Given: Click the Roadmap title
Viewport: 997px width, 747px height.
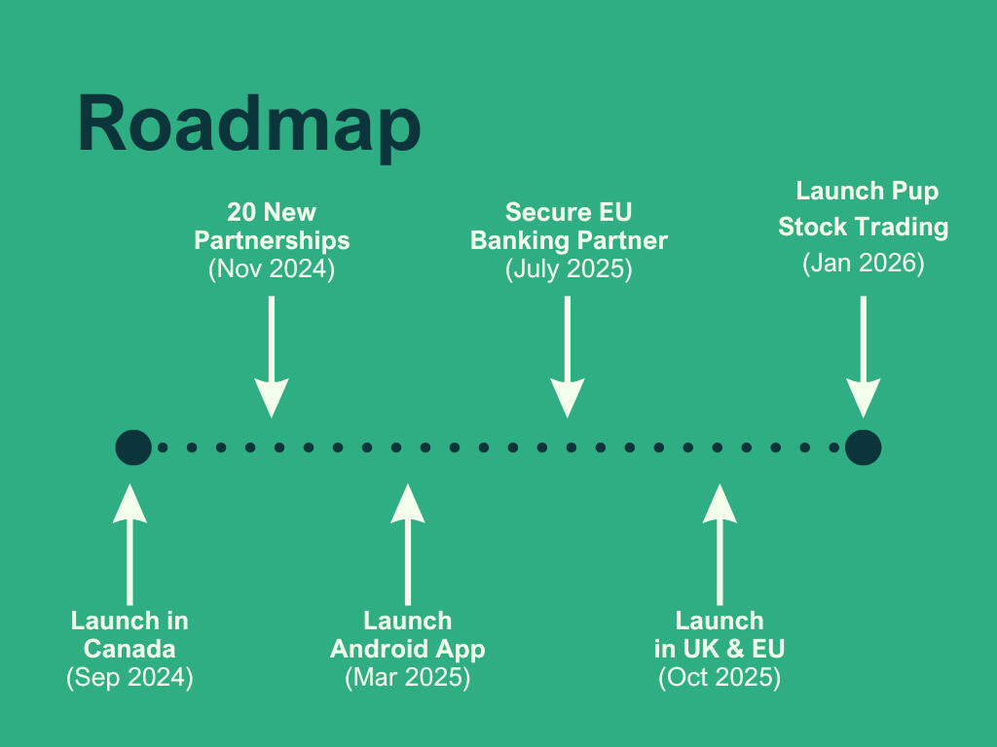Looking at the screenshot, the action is pyautogui.click(x=248, y=124).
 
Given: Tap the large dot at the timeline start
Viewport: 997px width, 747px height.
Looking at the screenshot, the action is pyautogui.click(x=133, y=447).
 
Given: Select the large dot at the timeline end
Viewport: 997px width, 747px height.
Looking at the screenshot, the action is pyautogui.click(x=863, y=447).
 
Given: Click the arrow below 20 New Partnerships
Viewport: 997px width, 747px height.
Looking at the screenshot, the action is pyautogui.click(x=272, y=356).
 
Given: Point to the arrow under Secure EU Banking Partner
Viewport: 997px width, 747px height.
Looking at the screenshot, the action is pyautogui.click(x=568, y=356).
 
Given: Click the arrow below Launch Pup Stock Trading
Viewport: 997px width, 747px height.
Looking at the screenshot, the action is pyautogui.click(x=863, y=356).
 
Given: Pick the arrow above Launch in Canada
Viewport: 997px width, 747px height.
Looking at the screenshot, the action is pyautogui.click(x=129, y=545).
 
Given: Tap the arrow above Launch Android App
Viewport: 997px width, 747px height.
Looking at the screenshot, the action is pyautogui.click(x=408, y=545).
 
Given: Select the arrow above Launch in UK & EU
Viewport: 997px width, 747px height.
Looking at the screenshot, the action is pyautogui.click(x=720, y=545).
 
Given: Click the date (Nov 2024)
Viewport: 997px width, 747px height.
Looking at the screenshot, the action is pyautogui.click(x=272, y=268).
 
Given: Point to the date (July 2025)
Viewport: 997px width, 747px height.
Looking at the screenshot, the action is pyautogui.click(x=569, y=268).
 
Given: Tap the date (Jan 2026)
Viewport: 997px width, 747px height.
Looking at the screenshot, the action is pyautogui.click(x=863, y=263).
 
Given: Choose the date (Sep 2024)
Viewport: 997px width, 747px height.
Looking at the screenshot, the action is pyautogui.click(x=129, y=677).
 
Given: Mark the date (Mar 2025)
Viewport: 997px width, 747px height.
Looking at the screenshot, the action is pyautogui.click(x=408, y=677).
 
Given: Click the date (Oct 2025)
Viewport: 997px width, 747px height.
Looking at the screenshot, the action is pyautogui.click(x=720, y=677).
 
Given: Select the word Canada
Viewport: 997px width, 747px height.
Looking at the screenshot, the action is pyautogui.click(x=129, y=649).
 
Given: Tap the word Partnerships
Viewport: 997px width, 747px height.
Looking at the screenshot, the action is pyautogui.click(x=272, y=241).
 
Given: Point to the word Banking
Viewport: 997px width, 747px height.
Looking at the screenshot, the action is pyautogui.click(x=520, y=240).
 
